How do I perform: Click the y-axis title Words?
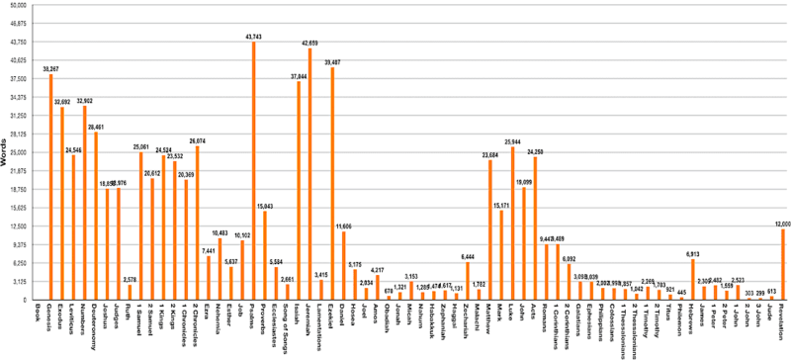(x=7, y=153)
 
